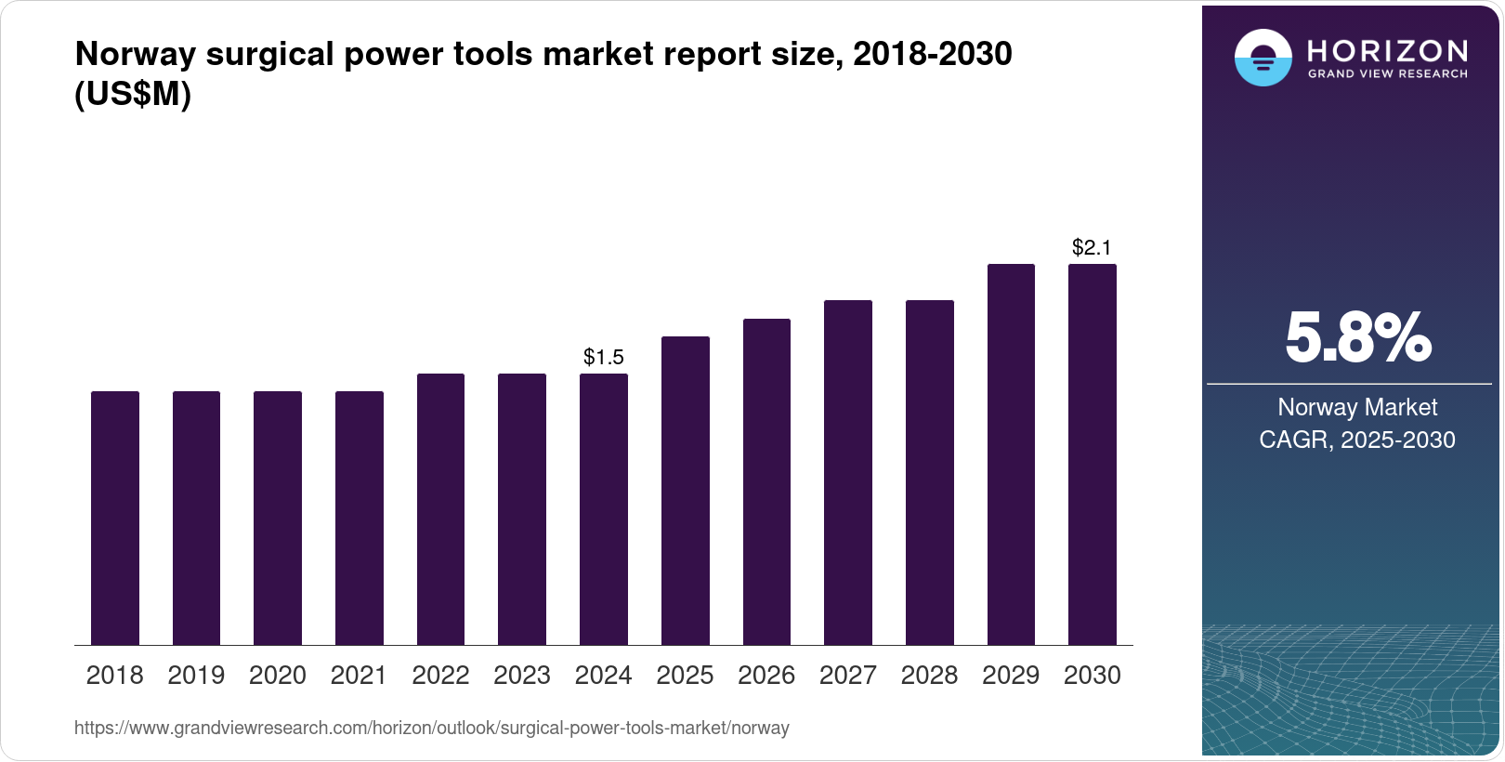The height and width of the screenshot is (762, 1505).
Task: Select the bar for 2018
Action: coord(115,518)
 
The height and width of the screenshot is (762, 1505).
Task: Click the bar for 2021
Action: coord(360,518)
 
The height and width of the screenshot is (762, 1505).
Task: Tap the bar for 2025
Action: coord(685,491)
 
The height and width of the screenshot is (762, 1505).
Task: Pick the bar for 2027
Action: coord(848,472)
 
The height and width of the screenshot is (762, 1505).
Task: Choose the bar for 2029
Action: coord(1011,454)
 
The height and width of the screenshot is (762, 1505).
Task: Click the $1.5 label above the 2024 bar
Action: coord(604,357)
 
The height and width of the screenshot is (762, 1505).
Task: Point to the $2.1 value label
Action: coord(1092,247)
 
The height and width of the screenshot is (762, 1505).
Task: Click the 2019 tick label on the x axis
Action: coord(196,676)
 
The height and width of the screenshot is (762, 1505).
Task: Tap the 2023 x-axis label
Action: coord(522,676)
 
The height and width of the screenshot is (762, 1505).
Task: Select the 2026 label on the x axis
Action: coord(766,676)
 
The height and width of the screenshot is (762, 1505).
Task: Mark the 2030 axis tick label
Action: coord(1093,676)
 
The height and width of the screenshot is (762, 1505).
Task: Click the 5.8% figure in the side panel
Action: coord(1357,338)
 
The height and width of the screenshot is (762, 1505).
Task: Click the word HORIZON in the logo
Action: coord(1388,50)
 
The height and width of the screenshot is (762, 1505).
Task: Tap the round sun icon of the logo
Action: coord(1263,58)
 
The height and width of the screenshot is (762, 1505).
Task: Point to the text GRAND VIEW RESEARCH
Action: coord(1388,74)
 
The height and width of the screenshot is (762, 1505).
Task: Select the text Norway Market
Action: coord(1357,407)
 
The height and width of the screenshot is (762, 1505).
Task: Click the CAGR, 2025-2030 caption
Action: coord(1357,440)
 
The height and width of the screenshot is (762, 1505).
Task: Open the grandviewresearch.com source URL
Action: coord(432,729)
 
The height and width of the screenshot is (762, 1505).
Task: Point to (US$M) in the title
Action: coord(133,94)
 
